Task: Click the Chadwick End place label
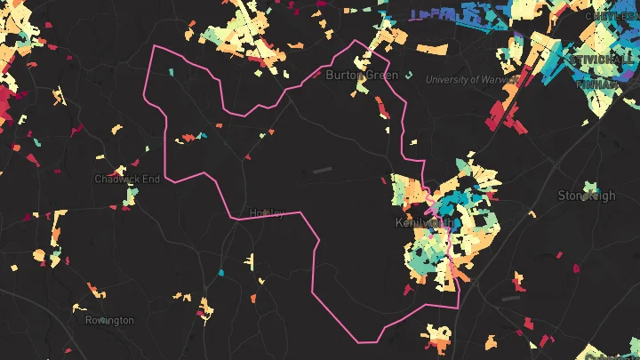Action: click(x=127, y=179)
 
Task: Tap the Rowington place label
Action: click(x=109, y=320)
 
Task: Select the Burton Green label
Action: click(x=362, y=76)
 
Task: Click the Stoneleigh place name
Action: click(x=586, y=196)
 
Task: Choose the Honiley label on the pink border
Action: click(x=267, y=213)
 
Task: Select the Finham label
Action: click(x=596, y=84)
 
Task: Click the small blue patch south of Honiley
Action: click(x=221, y=272)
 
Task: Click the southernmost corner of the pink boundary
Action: click(x=361, y=342)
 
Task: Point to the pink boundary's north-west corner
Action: click(x=155, y=45)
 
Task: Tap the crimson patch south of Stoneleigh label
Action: click(x=575, y=268)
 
